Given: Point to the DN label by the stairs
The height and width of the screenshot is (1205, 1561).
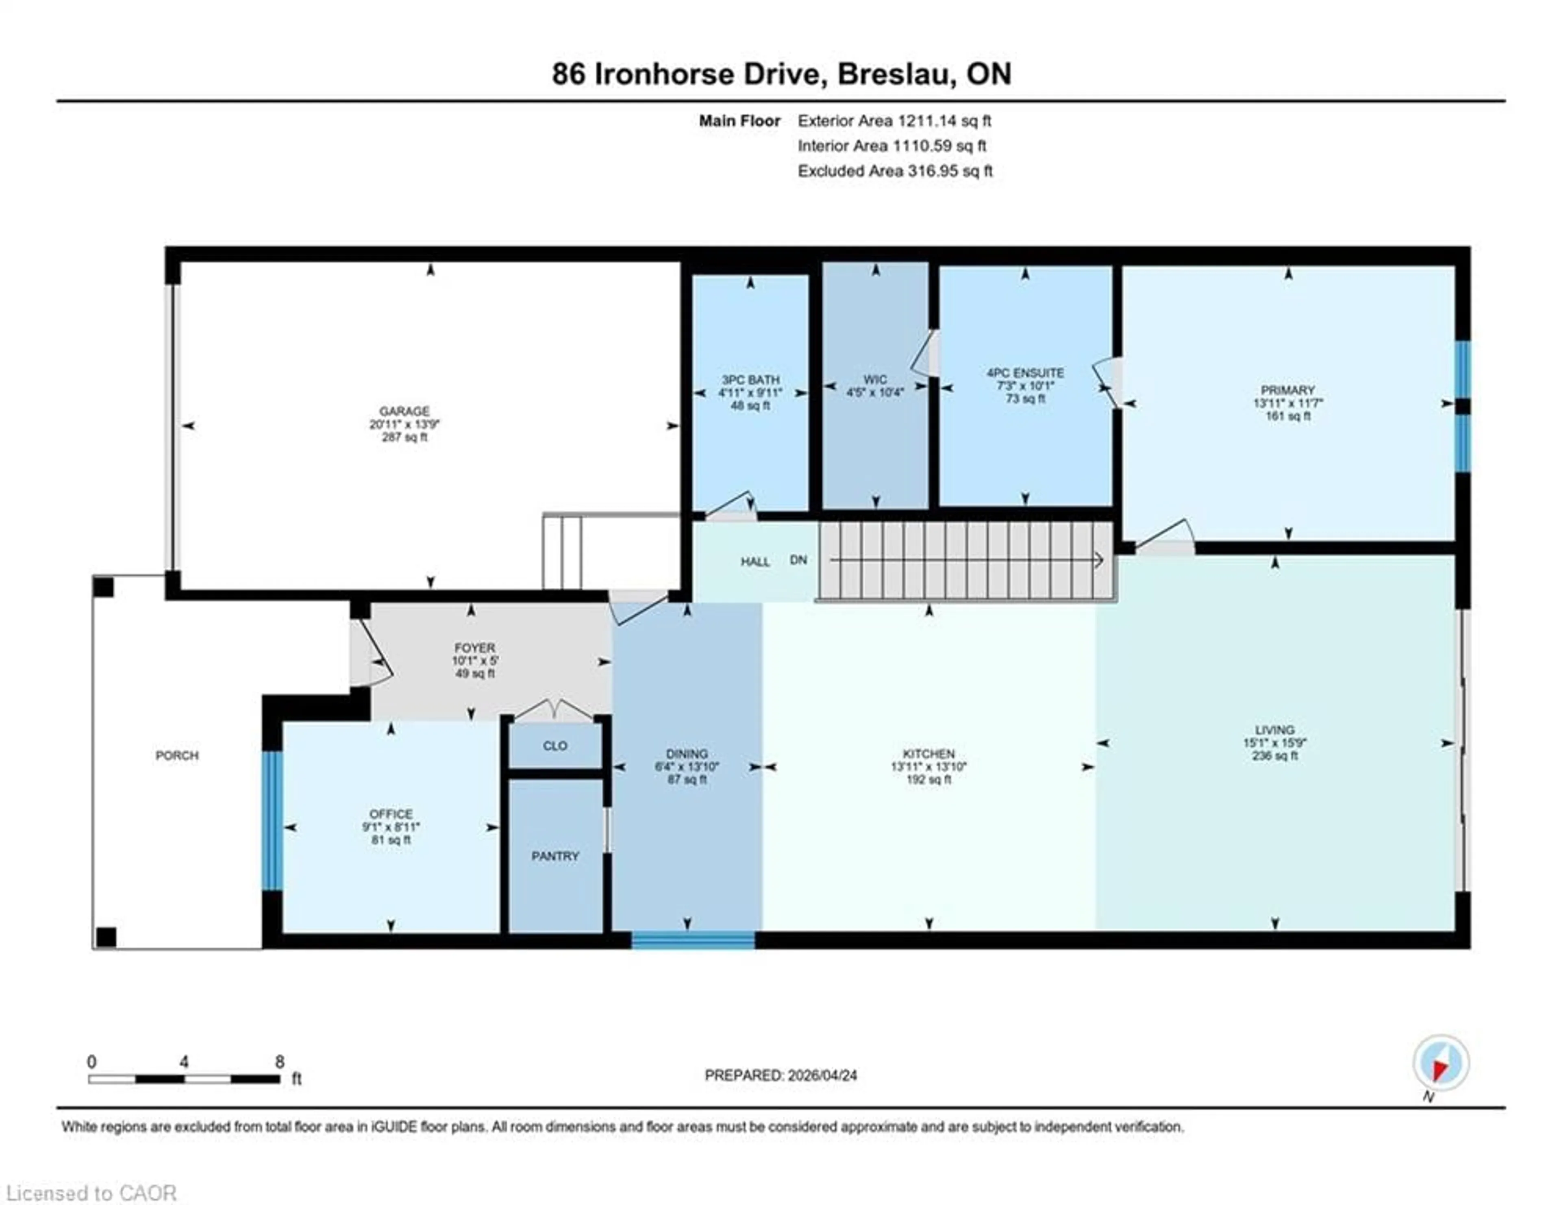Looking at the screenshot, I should click(x=798, y=560).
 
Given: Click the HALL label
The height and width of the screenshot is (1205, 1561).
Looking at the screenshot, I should click(x=755, y=562).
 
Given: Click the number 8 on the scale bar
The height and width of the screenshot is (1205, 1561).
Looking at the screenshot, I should click(x=279, y=1061).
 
